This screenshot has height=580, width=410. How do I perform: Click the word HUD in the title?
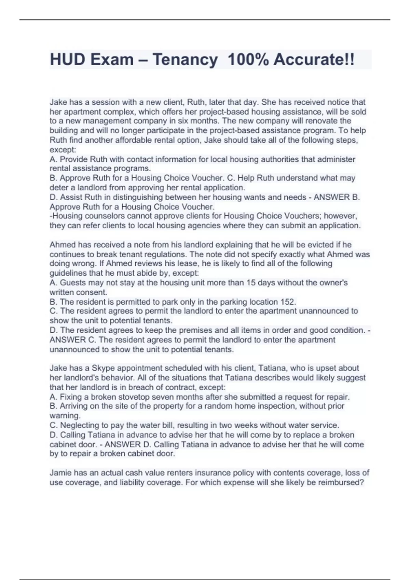coord(67,59)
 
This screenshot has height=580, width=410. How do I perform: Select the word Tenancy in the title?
coord(185,59)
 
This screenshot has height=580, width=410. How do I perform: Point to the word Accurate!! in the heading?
coord(314,59)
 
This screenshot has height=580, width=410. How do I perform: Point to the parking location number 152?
coord(288,302)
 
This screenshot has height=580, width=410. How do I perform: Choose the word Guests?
coord(72,282)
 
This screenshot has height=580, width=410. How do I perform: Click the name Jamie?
coord(61,473)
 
